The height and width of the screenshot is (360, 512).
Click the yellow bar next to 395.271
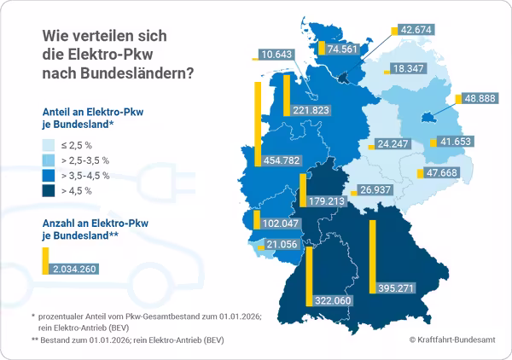372,257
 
